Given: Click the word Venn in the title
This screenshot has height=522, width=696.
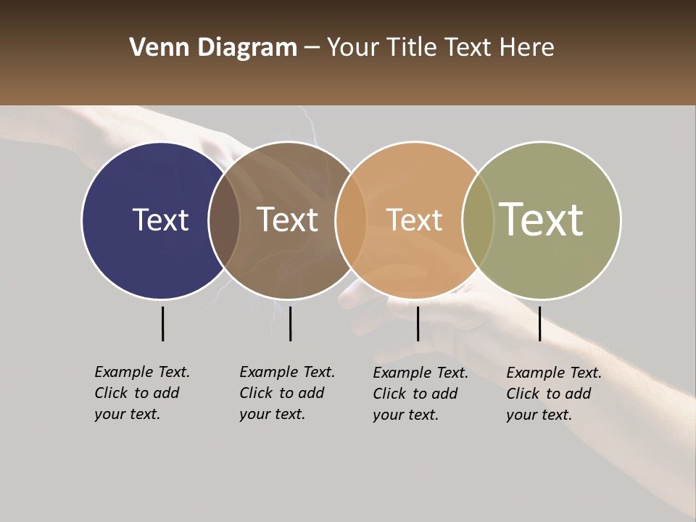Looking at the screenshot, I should click(x=154, y=48).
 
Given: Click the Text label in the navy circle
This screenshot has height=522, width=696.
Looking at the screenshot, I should click(x=160, y=220).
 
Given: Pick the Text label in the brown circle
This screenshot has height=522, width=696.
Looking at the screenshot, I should click(x=288, y=220).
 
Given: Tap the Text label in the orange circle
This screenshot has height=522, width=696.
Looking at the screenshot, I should click(x=414, y=220).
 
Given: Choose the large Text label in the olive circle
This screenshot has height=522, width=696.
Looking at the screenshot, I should click(x=542, y=219).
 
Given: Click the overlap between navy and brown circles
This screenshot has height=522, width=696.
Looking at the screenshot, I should click(x=224, y=220).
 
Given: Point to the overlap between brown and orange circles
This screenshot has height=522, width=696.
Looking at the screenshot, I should click(x=351, y=220).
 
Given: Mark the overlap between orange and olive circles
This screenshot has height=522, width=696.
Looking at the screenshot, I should click(x=478, y=220).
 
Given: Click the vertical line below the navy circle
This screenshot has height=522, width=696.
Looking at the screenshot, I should click(x=162, y=323).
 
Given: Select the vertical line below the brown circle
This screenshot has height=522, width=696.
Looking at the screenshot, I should click(x=290, y=323).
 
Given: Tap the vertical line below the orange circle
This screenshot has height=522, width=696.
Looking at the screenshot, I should click(x=418, y=323).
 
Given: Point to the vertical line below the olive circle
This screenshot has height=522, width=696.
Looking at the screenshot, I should click(x=539, y=323).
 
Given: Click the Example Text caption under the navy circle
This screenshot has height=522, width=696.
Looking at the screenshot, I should click(x=141, y=393).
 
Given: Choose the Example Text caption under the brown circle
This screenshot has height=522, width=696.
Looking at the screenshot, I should click(x=286, y=393).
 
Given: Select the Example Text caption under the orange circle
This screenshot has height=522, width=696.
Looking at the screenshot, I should click(x=420, y=394).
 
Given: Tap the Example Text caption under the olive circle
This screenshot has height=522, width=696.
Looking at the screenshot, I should click(x=553, y=394).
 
